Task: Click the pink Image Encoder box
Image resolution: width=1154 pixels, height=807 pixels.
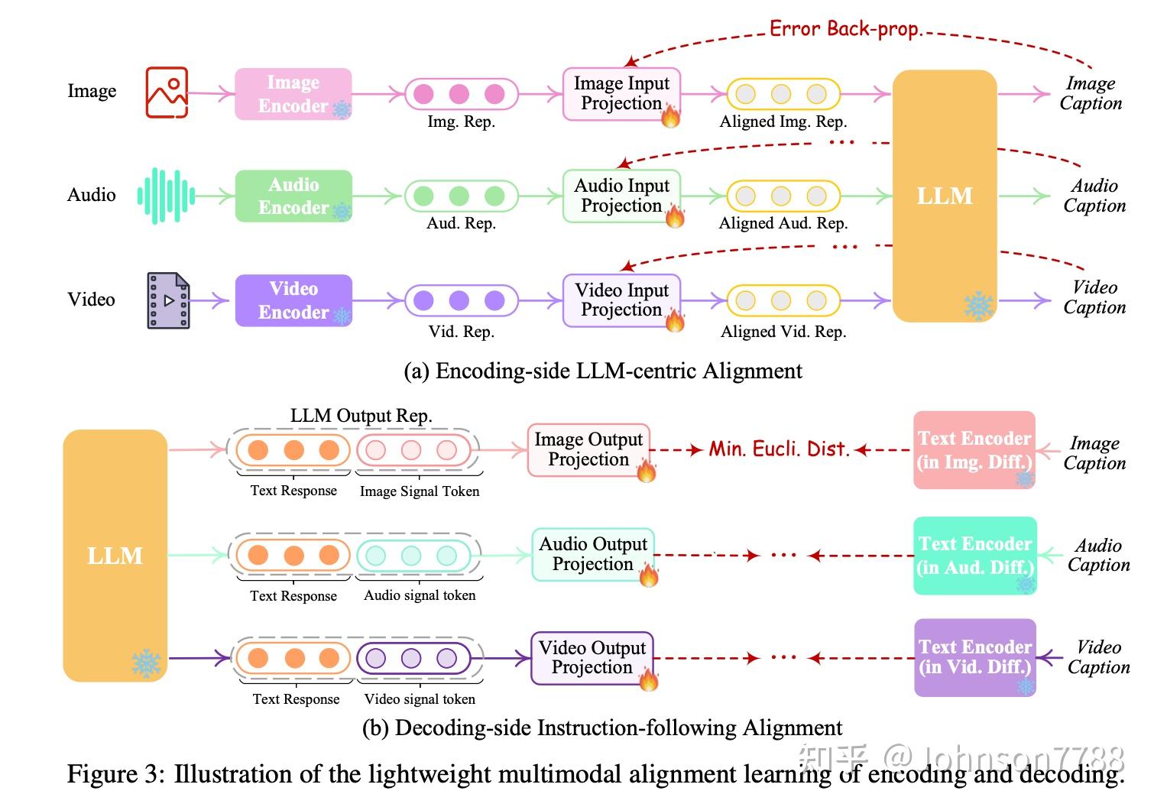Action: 293,94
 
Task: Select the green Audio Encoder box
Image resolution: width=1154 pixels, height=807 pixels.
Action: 293,196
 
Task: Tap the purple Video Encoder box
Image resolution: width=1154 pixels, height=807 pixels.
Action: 293,300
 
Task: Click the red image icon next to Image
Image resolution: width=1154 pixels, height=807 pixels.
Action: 167,92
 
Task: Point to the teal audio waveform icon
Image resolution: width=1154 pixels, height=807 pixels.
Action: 166,196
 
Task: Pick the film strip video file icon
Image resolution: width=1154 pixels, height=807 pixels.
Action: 168,300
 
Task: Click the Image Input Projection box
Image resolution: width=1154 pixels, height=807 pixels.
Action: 621,94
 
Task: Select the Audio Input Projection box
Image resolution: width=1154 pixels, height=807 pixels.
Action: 621,196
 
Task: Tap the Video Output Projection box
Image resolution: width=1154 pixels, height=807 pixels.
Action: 592,657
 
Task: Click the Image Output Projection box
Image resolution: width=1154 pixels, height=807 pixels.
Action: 588,449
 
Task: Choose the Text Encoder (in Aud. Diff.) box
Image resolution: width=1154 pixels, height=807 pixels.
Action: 974,556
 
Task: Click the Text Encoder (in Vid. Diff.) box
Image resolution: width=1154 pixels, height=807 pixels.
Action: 974,657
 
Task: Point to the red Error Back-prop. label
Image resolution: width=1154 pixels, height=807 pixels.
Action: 845,29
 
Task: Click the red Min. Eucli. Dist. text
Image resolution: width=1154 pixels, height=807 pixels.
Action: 779,449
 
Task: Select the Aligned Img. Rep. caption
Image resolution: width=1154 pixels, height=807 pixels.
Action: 783,122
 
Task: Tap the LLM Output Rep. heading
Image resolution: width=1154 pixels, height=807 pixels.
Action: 361,416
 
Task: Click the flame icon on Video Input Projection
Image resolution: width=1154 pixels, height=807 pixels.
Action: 674,319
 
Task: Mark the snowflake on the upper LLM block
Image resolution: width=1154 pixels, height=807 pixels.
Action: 978,306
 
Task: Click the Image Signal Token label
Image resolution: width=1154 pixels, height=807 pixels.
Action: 420,491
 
